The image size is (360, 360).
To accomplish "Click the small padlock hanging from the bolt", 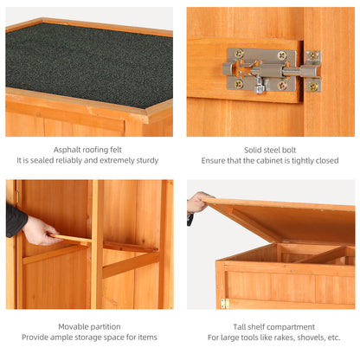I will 259,87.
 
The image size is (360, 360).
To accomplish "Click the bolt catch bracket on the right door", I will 312,71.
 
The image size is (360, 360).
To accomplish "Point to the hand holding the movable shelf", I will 40,230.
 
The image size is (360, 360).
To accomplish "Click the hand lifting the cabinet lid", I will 198,202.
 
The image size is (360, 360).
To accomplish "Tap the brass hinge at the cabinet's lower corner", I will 224,303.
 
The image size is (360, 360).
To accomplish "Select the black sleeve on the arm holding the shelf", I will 15,220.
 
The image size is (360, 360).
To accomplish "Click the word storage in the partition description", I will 98,337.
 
